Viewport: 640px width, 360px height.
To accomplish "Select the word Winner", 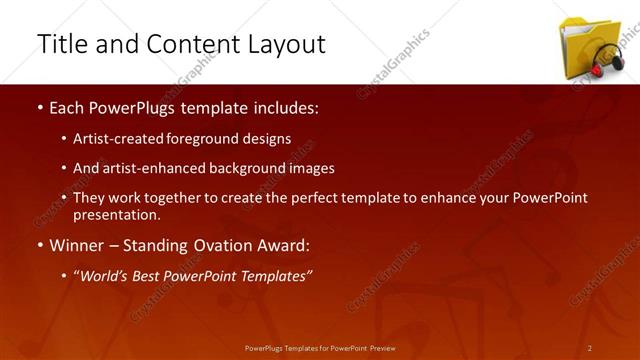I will (x=76, y=244).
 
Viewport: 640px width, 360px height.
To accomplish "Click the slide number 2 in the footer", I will (x=590, y=347).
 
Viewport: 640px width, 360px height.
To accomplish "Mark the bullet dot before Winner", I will (x=39, y=245).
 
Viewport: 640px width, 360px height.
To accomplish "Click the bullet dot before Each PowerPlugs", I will (x=39, y=107).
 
